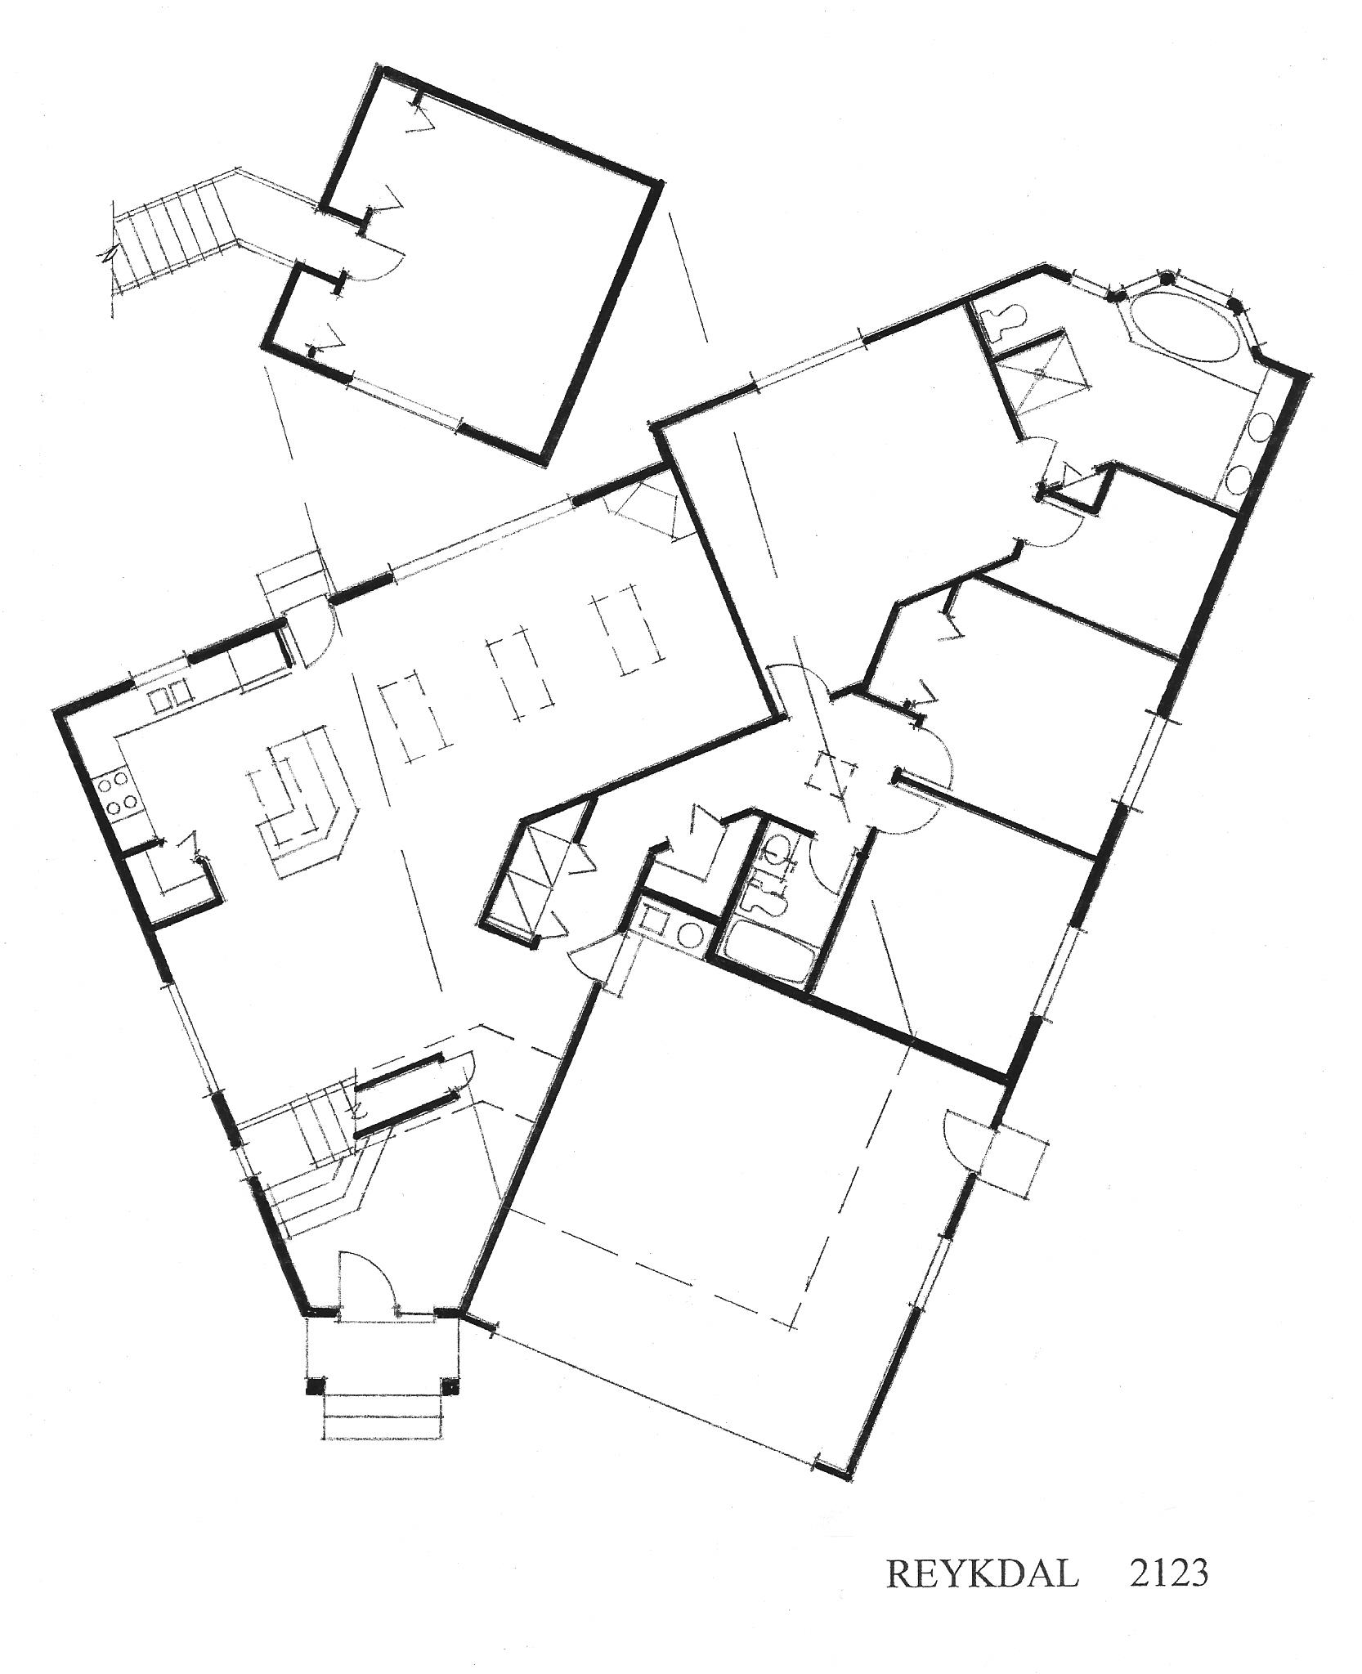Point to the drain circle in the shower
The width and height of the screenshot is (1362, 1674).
click(1039, 374)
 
